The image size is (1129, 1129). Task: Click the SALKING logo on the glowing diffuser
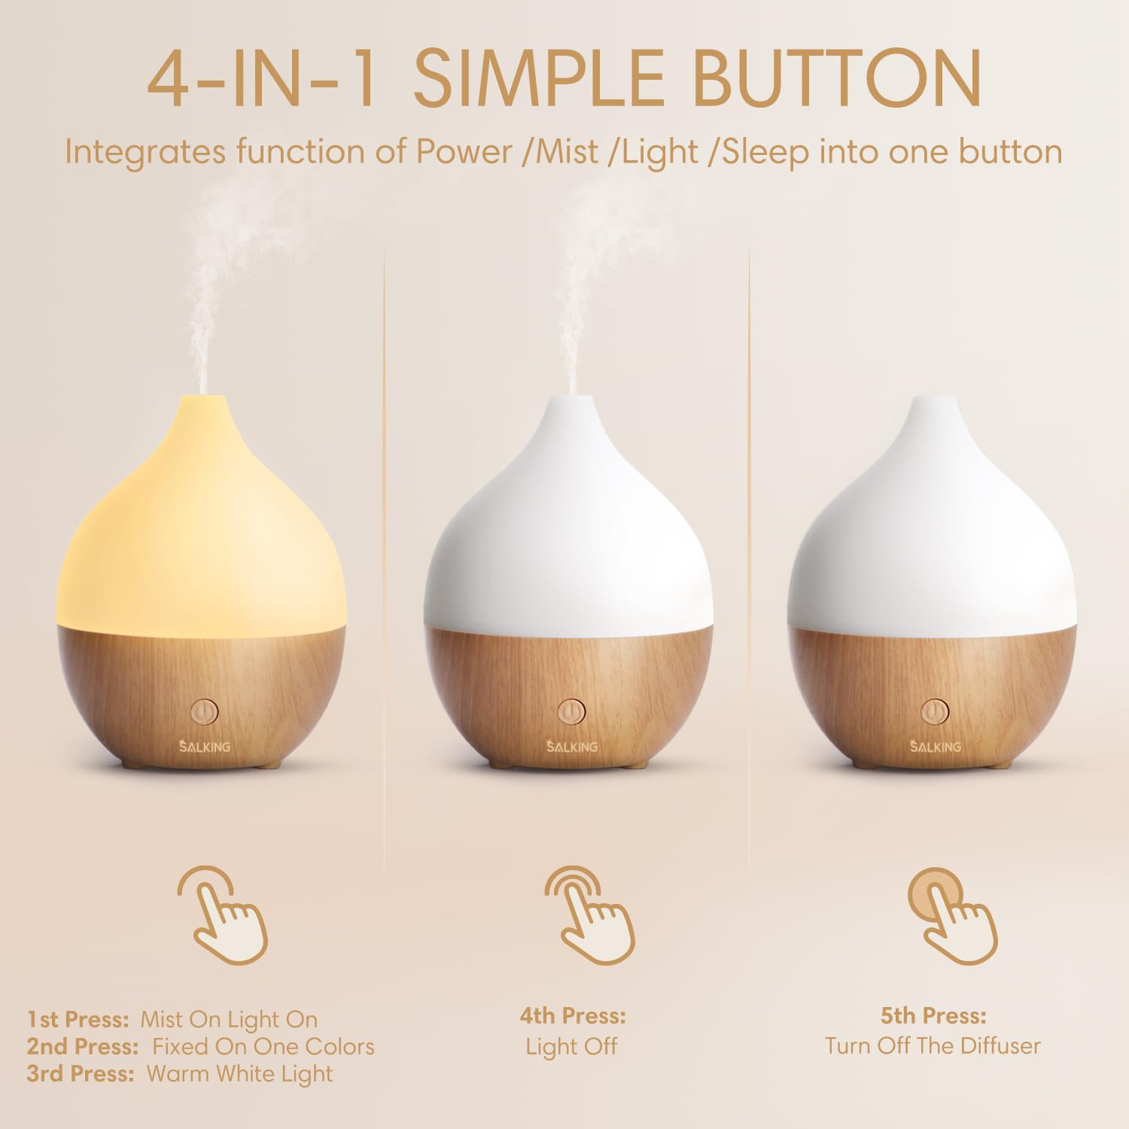point(205,746)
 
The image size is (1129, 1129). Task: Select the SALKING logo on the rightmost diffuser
point(935,746)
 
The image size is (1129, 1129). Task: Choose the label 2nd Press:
point(82,1046)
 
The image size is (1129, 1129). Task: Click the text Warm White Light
point(239,1073)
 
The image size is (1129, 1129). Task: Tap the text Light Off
point(571,1046)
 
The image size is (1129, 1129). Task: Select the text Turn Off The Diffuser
point(933,1045)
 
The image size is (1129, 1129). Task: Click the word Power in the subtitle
point(464,152)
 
